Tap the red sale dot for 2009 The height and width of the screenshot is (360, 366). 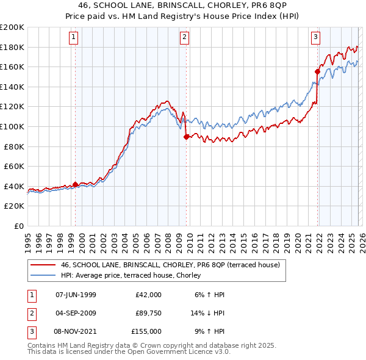click(x=186, y=137)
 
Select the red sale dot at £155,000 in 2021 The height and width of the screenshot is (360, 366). click(x=317, y=72)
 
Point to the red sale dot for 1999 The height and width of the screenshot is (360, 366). click(x=76, y=184)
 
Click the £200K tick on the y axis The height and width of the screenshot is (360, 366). click(x=12, y=27)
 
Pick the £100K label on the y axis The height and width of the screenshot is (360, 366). click(x=12, y=126)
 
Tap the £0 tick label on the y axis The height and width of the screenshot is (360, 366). click(x=20, y=226)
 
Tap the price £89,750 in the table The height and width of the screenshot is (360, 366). click(x=148, y=313)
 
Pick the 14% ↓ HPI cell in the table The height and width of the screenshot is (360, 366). click(x=208, y=313)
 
